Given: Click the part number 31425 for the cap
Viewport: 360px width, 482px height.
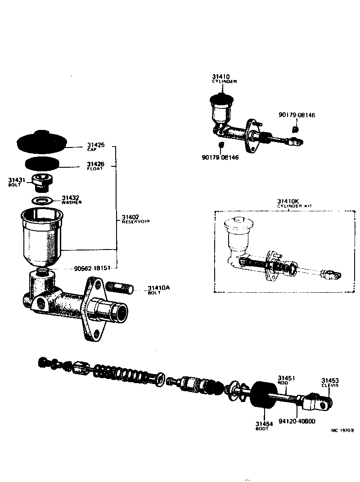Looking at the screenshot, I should [95, 145].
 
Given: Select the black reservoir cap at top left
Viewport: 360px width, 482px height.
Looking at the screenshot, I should [41, 141].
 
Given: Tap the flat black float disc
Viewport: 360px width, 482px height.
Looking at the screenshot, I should [42, 163].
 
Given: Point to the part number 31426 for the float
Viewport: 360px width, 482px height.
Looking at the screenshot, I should [95, 164].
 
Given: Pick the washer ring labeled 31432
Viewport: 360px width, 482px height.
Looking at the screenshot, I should [41, 200].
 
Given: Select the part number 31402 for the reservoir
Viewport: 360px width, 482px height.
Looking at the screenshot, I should [130, 217].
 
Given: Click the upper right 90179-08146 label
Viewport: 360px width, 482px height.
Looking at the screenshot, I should [297, 115].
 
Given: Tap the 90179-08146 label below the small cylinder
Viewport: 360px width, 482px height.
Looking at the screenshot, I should [220, 157].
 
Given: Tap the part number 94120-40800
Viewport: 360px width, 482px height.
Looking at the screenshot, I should [297, 421].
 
